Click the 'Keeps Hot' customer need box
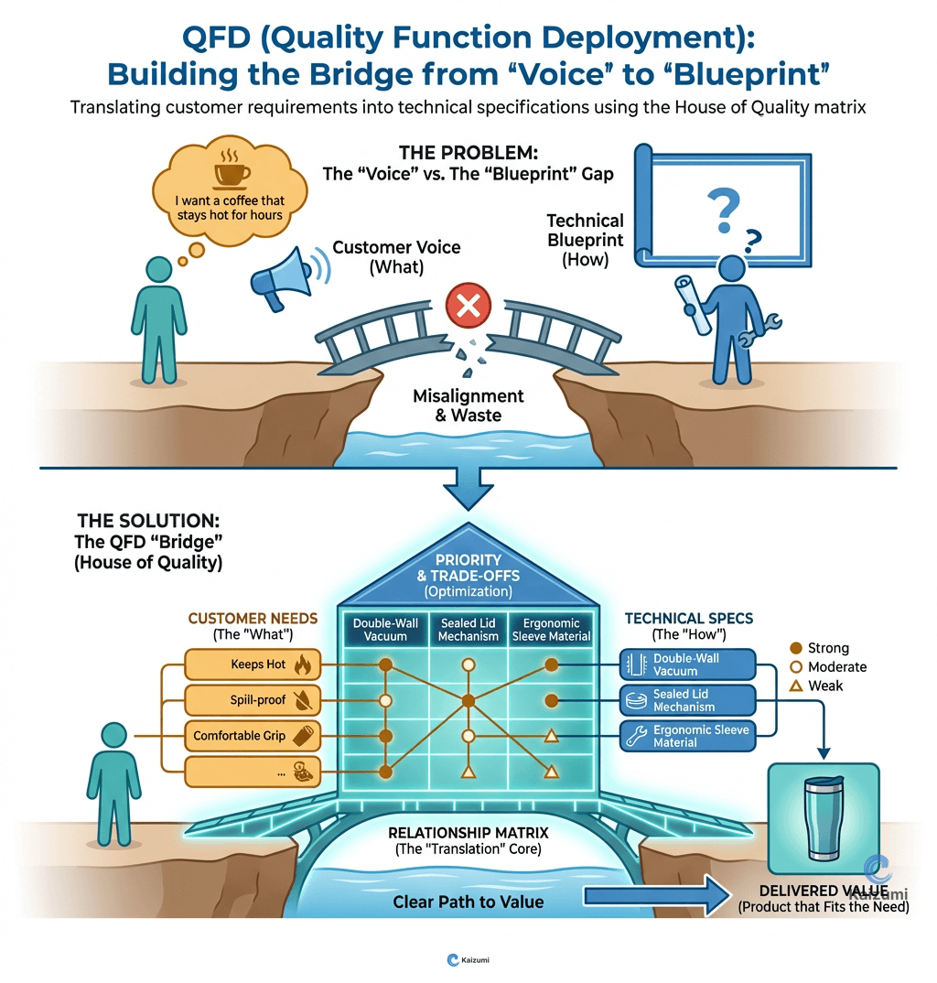[253, 664]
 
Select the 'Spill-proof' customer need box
[253, 700]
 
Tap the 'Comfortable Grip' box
[253, 735]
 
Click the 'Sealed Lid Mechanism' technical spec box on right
[688, 701]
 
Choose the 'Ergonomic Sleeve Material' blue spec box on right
[688, 736]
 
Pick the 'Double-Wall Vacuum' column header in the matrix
[385, 630]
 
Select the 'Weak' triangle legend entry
[816, 686]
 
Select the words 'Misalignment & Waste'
[468, 405]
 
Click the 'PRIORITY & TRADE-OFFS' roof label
[468, 568]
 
